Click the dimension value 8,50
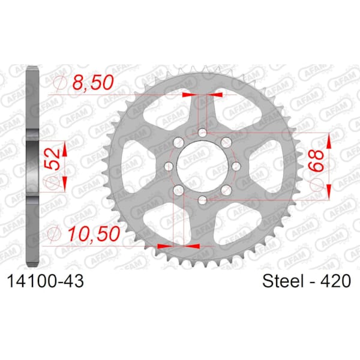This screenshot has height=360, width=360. (x=93, y=82)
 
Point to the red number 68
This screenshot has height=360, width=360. (x=316, y=160)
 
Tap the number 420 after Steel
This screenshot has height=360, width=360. (x=336, y=281)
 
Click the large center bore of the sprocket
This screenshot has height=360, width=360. (x=203, y=166)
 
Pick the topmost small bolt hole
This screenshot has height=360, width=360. (x=203, y=133)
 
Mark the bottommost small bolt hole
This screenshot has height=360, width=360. (x=203, y=200)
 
